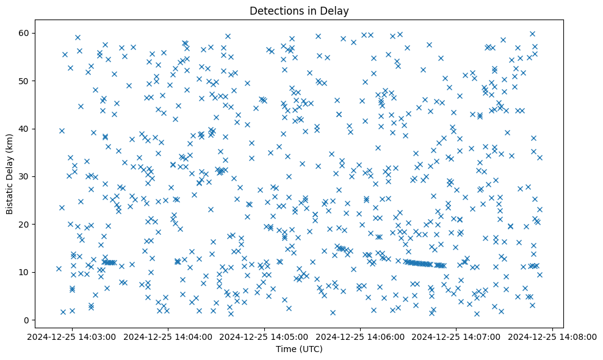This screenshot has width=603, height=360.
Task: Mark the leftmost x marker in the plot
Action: [x=59, y=268]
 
